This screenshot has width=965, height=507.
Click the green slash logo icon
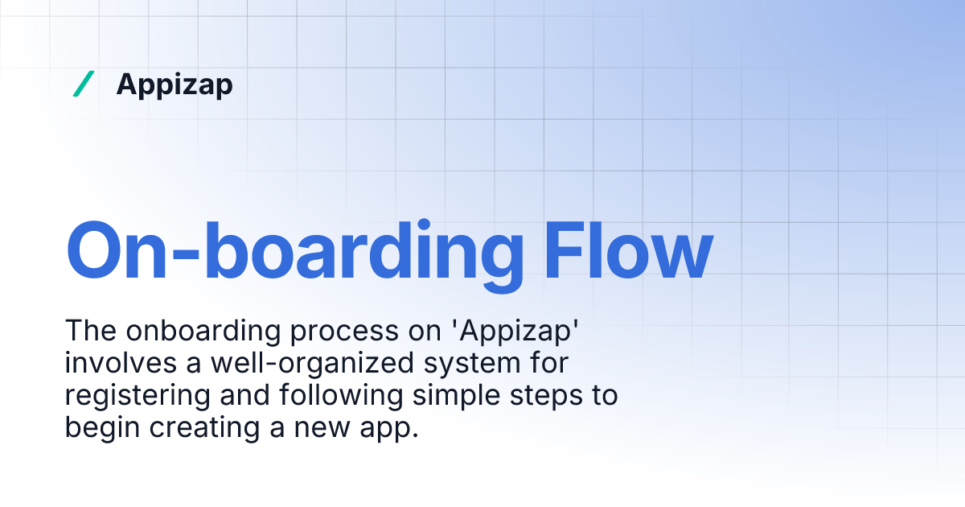coord(83,84)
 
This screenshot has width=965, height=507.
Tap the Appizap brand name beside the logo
coord(175,84)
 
